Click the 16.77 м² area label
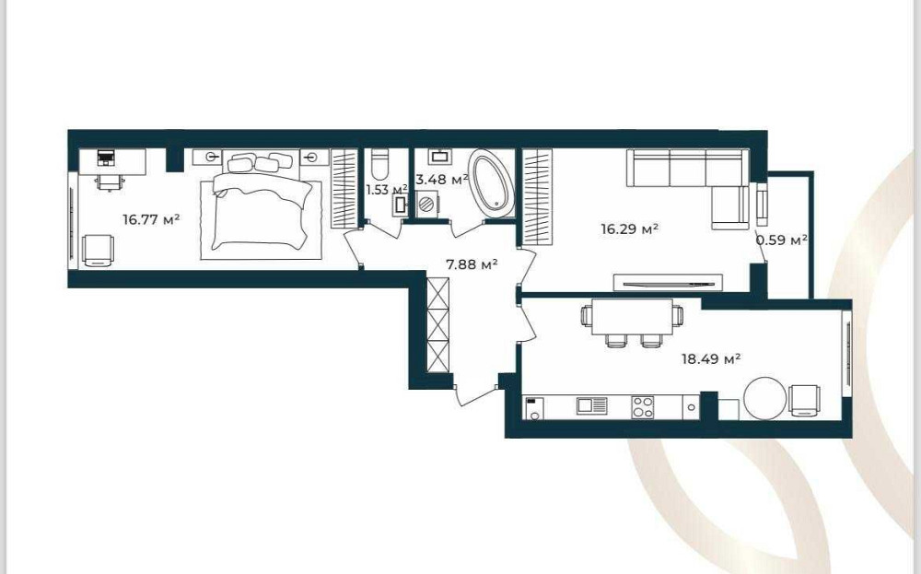[151, 219]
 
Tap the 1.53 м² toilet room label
[387, 190]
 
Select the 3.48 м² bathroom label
[442, 179]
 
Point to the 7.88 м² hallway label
[472, 265]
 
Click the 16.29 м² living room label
[629, 228]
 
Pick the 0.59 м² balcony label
[781, 240]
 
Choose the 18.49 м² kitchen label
[710, 358]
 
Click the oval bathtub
[492, 184]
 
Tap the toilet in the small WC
[380, 165]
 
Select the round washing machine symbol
[427, 205]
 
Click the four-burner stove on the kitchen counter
[643, 407]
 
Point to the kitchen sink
[591, 405]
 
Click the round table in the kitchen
[764, 398]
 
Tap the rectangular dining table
[632, 316]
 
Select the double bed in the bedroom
[262, 203]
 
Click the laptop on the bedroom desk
[106, 157]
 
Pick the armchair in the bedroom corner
[99, 251]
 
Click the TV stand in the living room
[668, 283]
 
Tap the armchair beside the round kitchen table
[805, 401]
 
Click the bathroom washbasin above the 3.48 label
[440, 157]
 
